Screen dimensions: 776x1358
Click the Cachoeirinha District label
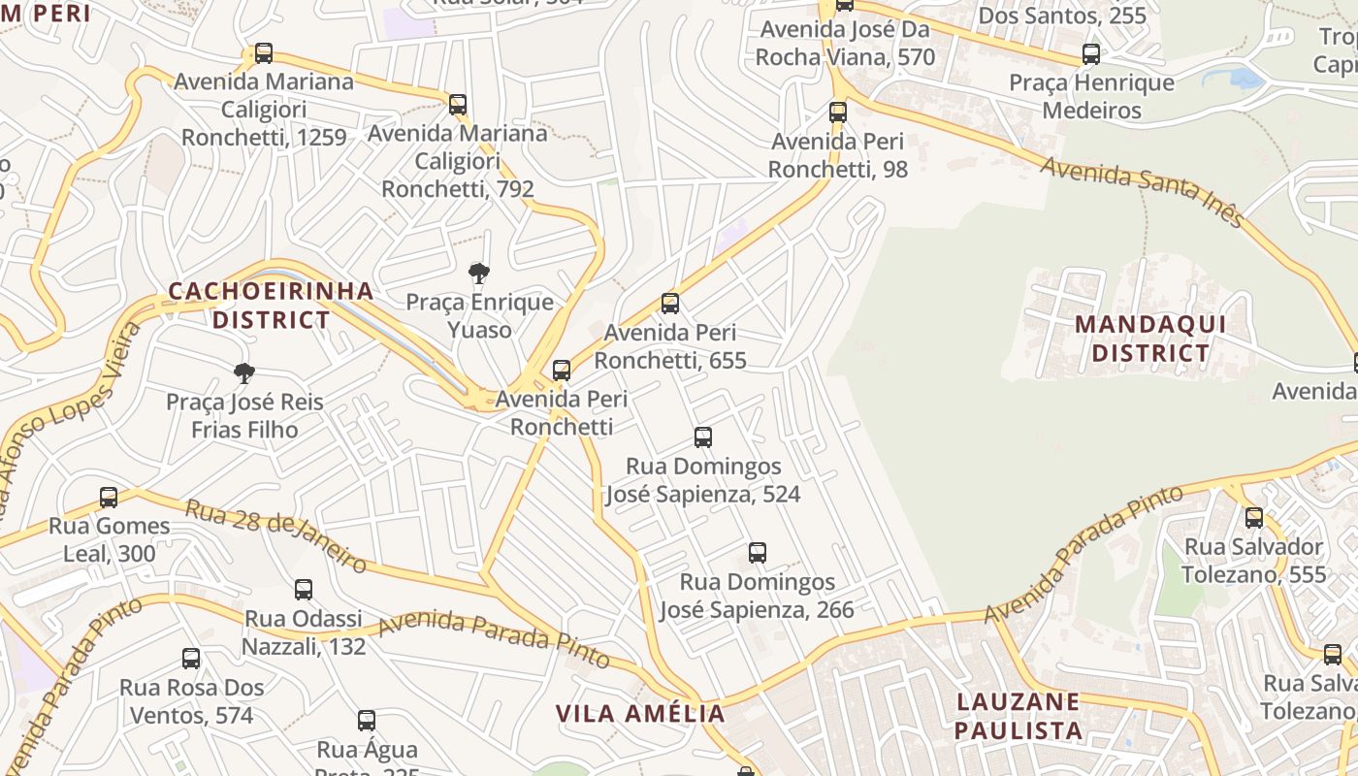point(271,305)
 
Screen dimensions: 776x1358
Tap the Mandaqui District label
point(1150,339)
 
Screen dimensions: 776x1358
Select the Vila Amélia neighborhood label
point(640,714)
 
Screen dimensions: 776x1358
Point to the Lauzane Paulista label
point(1018,716)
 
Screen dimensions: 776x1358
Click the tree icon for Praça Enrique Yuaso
point(478,274)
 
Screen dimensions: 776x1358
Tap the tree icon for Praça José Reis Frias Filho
point(244,373)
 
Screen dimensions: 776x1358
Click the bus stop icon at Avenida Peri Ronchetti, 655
point(669,304)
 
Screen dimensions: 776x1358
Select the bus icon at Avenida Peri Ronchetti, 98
point(838,113)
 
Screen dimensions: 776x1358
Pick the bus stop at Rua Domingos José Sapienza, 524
point(703,437)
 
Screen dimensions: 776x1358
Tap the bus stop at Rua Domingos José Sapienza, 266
point(758,553)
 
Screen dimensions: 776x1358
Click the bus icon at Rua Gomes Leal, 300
point(109,498)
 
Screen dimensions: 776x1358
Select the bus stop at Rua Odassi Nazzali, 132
point(304,590)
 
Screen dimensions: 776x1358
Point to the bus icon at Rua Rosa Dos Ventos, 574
point(191,659)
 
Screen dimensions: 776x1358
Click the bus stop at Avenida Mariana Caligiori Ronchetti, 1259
point(264,53)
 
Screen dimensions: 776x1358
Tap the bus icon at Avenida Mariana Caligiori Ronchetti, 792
point(458,105)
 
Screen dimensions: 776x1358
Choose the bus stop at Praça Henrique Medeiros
point(1091,54)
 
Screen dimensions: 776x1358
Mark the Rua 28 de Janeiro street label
point(275,536)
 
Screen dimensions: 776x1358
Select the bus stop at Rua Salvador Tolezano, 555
point(1254,518)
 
